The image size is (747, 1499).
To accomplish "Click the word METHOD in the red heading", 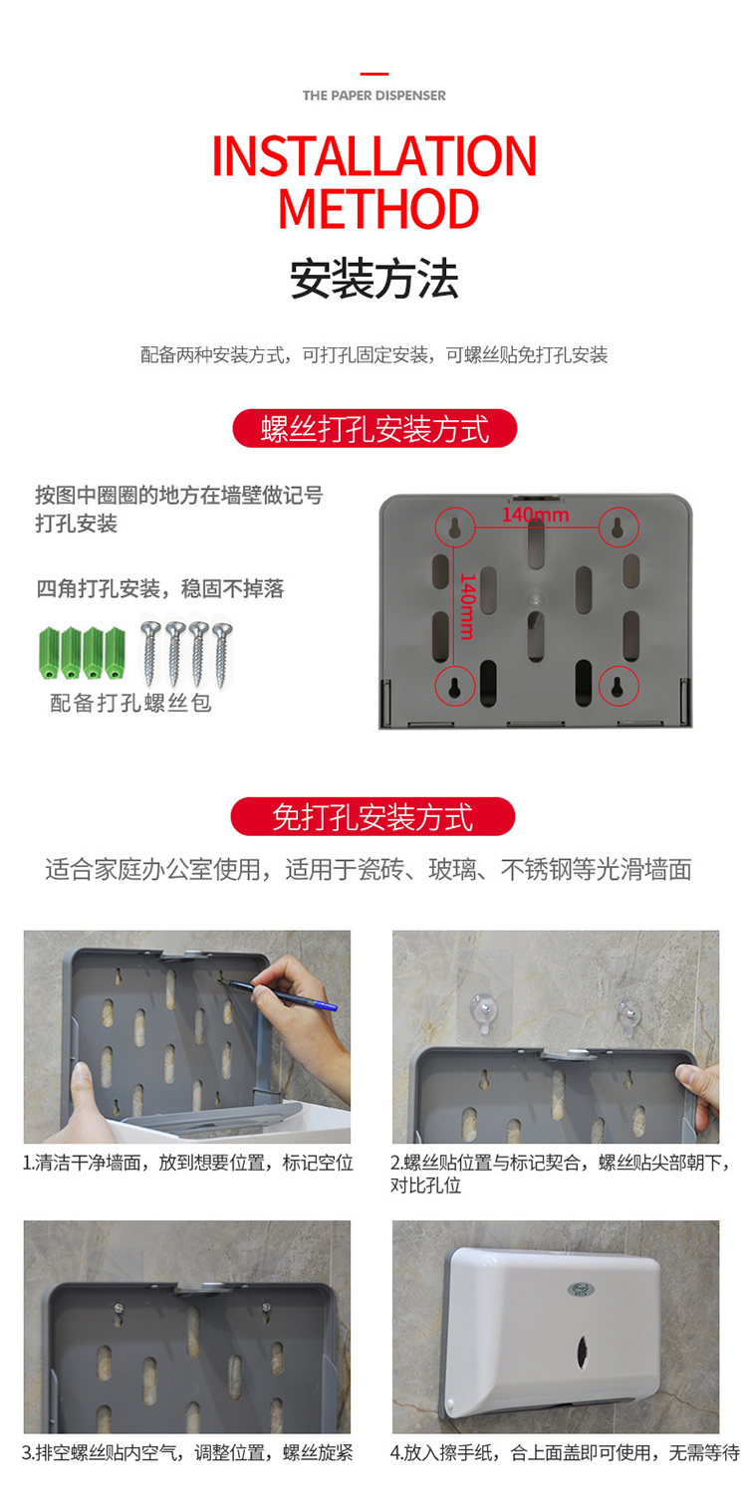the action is pyautogui.click(x=378, y=209).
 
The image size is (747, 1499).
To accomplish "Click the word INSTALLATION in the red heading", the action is pyautogui.click(x=374, y=156).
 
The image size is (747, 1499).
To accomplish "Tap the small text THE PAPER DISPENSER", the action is pyautogui.click(x=373, y=96).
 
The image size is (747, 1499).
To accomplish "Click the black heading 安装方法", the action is pyautogui.click(x=373, y=279).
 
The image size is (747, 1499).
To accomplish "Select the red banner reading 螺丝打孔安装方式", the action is pyautogui.click(x=374, y=428).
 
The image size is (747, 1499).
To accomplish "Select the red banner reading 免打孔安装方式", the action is pyautogui.click(x=373, y=816).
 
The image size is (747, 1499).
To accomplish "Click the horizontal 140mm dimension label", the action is pyautogui.click(x=536, y=515).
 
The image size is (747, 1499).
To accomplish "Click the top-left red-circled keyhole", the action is pyautogui.click(x=455, y=528).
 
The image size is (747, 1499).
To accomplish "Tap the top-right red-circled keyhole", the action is pyautogui.click(x=619, y=528).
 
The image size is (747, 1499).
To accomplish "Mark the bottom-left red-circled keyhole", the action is pyautogui.click(x=455, y=686).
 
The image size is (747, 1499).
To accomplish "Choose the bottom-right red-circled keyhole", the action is pyautogui.click(x=619, y=686).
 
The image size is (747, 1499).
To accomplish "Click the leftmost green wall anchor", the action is pyautogui.click(x=49, y=653).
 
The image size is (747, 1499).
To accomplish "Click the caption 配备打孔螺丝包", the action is pyautogui.click(x=131, y=703).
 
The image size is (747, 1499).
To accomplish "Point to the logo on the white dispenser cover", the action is pyautogui.click(x=578, y=1287).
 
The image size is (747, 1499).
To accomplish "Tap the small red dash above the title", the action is pyautogui.click(x=374, y=74).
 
